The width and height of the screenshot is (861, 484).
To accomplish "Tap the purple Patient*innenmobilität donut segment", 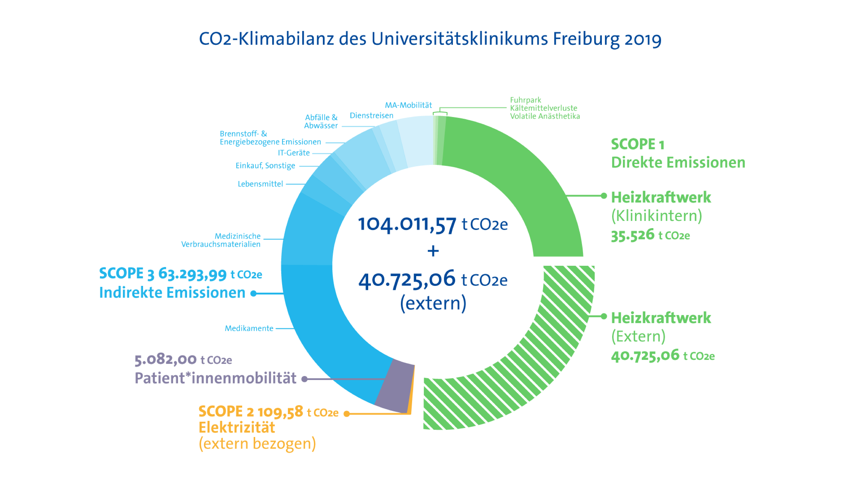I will pos(394,386).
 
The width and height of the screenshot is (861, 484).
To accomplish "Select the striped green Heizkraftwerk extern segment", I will pos(535,367).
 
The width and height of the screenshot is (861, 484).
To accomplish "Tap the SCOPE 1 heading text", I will pos(637,144).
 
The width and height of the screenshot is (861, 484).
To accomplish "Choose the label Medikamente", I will pos(249,328).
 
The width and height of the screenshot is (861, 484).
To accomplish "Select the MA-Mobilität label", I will pos(408,105).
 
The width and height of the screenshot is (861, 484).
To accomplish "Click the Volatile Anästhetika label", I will pos(545,116).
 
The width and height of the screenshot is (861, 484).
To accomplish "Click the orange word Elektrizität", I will pos(237,428).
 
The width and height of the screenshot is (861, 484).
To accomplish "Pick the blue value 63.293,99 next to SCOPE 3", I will pos(193,274).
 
